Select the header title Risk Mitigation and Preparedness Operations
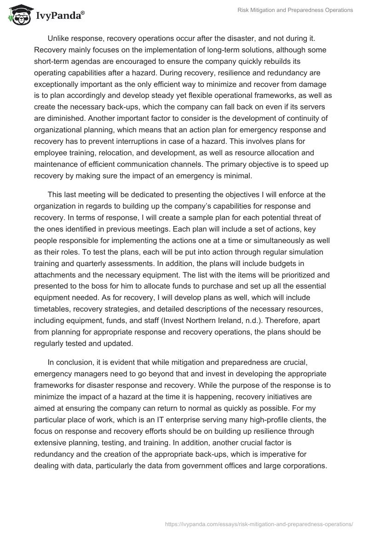296,10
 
